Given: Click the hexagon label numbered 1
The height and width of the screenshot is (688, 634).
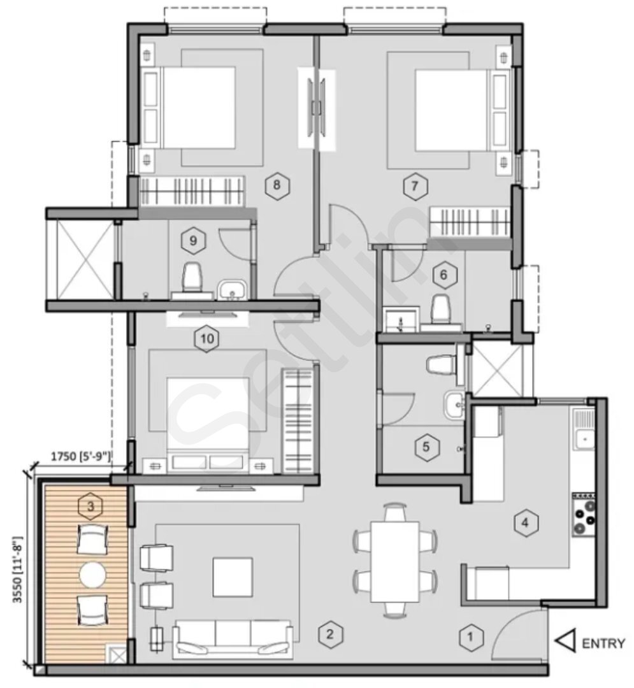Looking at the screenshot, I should [x=470, y=636].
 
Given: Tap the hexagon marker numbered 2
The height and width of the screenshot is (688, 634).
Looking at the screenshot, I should [x=329, y=634].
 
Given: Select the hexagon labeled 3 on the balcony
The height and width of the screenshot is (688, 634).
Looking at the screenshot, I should [x=90, y=506].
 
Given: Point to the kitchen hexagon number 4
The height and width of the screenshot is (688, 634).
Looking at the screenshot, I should [x=524, y=523].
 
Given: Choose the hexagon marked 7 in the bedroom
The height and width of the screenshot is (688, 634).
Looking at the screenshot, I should [x=414, y=187].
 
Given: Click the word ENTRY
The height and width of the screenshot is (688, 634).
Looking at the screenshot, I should [x=603, y=644].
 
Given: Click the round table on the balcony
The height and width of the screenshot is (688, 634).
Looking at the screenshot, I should [x=93, y=574].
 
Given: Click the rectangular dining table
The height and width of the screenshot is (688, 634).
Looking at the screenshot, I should [x=395, y=560].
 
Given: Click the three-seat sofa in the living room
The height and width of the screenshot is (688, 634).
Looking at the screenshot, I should [x=234, y=637].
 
